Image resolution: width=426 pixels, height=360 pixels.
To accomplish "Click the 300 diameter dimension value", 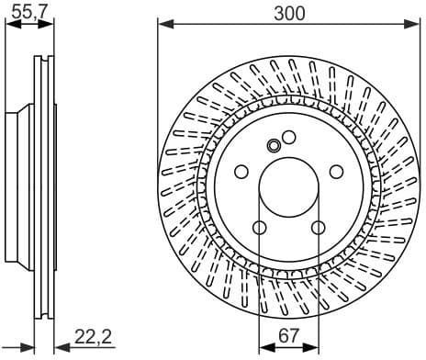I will tap(289, 12).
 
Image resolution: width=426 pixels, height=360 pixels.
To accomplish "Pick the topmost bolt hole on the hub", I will tap(288, 138).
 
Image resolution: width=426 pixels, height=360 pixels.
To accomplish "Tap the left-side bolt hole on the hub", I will tap(241, 172).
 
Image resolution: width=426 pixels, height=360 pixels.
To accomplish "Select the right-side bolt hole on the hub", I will tap(336, 172).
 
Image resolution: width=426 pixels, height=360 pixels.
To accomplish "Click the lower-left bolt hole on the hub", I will tap(259, 228).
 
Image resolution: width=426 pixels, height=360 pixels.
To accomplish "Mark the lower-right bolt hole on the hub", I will tap(318, 228).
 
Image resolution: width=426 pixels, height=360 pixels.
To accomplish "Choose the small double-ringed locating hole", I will tap(273, 145).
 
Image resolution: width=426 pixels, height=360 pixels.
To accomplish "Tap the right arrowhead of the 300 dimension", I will tap(414, 25).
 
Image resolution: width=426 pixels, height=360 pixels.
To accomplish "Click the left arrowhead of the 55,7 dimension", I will tap(10, 25).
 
